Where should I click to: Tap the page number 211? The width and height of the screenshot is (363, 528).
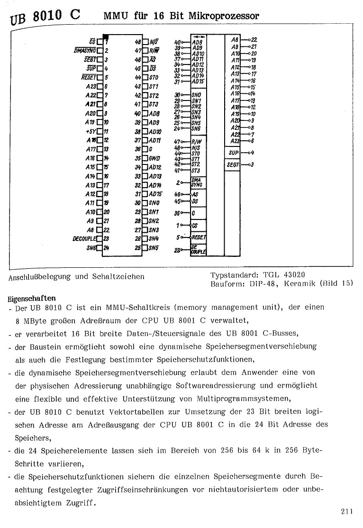346,511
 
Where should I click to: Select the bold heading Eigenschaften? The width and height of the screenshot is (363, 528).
32,299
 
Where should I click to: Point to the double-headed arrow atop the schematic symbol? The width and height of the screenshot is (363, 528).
199,36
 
